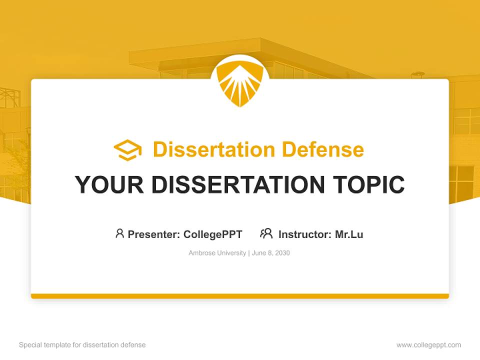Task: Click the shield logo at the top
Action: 240,83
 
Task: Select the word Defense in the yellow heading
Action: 322,149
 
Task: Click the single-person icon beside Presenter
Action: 119,233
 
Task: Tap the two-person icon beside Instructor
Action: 266,233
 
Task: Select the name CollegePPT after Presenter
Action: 212,234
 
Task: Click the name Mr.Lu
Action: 349,234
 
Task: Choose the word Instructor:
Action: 305,234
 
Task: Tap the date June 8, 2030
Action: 271,253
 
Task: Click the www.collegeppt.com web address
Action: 429,345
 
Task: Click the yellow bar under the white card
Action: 240,296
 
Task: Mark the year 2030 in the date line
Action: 282,253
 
